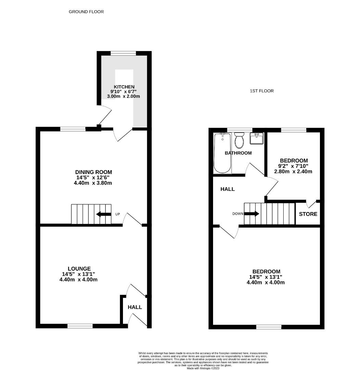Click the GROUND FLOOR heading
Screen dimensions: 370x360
[x=86, y=12]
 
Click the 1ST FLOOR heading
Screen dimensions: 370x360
[x=262, y=91]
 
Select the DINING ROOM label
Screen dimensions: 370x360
[x=94, y=172]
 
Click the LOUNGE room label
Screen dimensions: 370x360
[x=79, y=269]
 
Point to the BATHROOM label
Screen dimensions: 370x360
[x=238, y=153]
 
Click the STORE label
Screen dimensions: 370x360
[x=308, y=214]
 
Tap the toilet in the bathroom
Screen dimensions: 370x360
[x=239, y=141]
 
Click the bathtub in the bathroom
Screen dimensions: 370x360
[x=222, y=153]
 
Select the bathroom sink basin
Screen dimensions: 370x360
[x=257, y=139]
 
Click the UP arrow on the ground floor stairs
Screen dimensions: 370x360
[x=103, y=214]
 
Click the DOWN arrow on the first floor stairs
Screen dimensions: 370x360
[x=252, y=214]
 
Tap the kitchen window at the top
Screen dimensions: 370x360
[x=123, y=53]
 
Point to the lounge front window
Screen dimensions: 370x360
[x=80, y=326]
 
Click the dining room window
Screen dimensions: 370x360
[x=73, y=129]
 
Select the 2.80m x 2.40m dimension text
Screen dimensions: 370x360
[x=294, y=172]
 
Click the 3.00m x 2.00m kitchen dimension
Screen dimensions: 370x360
[x=123, y=97]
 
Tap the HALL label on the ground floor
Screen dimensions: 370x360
[x=135, y=307]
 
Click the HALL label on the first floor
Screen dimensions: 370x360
[x=227, y=189]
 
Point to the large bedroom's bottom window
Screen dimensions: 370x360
[x=269, y=327]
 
